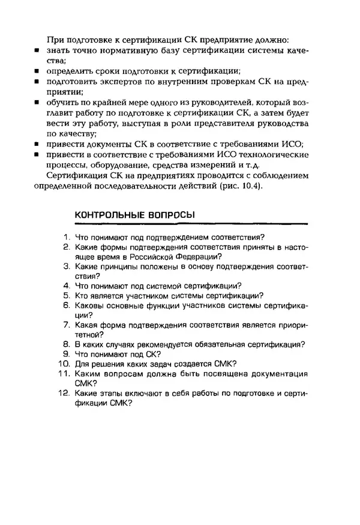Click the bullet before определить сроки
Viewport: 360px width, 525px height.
coord(37,71)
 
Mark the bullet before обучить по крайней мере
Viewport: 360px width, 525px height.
coord(37,103)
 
